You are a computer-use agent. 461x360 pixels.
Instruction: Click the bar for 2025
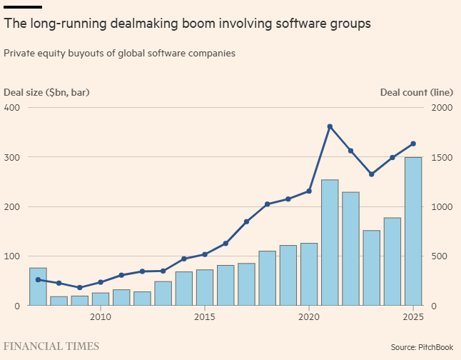[413, 231]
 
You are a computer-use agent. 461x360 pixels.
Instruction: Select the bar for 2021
[330, 243]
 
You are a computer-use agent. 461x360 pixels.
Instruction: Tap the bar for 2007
[39, 286]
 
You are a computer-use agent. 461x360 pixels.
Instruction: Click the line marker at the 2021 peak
[330, 126]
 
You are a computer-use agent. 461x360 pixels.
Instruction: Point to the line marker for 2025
[413, 144]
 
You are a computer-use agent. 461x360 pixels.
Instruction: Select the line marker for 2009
[80, 288]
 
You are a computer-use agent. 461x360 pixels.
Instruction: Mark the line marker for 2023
[371, 174]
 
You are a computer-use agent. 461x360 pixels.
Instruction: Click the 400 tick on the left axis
[12, 107]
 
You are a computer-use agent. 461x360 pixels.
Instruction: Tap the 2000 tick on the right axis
[441, 107]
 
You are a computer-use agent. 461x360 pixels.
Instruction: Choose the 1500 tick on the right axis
[441, 157]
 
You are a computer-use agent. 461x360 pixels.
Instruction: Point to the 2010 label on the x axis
[101, 316]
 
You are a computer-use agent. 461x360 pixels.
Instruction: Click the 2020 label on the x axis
[309, 316]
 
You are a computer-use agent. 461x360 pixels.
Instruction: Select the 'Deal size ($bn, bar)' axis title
[47, 92]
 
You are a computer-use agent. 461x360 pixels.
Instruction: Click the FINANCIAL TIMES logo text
[51, 346]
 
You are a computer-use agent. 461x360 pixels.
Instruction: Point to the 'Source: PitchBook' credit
[421, 347]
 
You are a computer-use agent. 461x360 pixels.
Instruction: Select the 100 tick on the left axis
[12, 256]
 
